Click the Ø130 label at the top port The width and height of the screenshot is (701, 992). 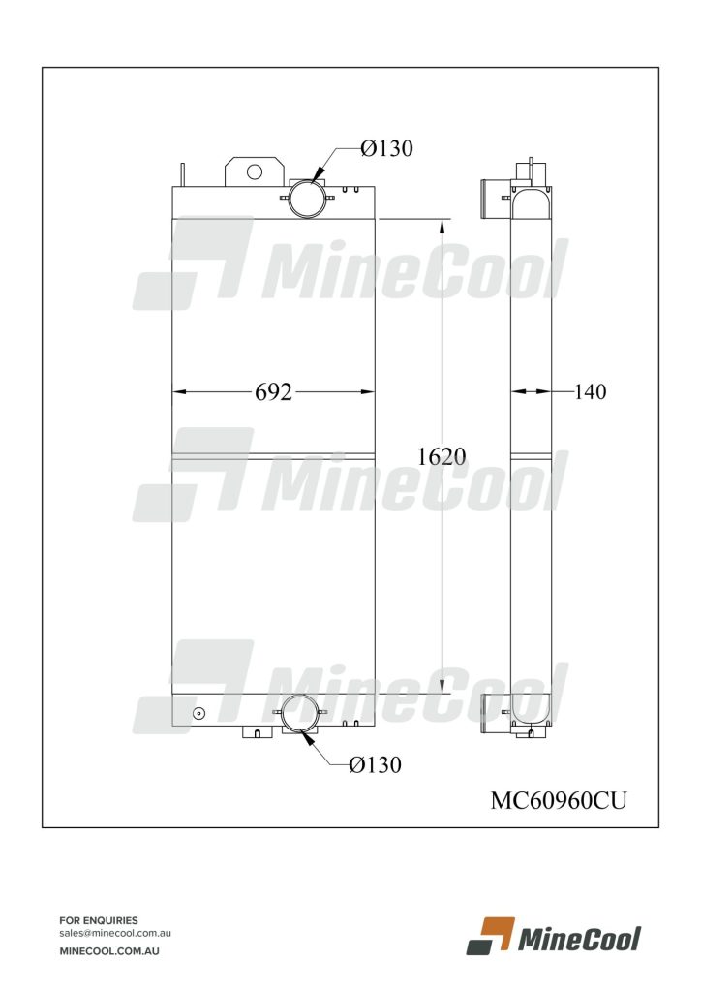tap(386, 148)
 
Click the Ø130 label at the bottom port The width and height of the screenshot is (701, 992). tap(375, 764)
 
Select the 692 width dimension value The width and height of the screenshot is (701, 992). tap(273, 392)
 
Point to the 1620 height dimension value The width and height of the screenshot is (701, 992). tap(442, 456)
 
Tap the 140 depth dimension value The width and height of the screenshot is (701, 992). tap(590, 392)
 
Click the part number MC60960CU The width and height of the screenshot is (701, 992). tap(559, 800)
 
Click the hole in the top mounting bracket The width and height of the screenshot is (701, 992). tap(254, 171)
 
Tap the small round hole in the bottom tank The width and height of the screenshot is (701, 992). tap(199, 715)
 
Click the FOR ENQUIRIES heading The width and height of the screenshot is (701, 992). tap(99, 920)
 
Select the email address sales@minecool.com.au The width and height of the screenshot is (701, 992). tap(115, 933)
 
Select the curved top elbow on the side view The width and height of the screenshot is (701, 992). tap(532, 201)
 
